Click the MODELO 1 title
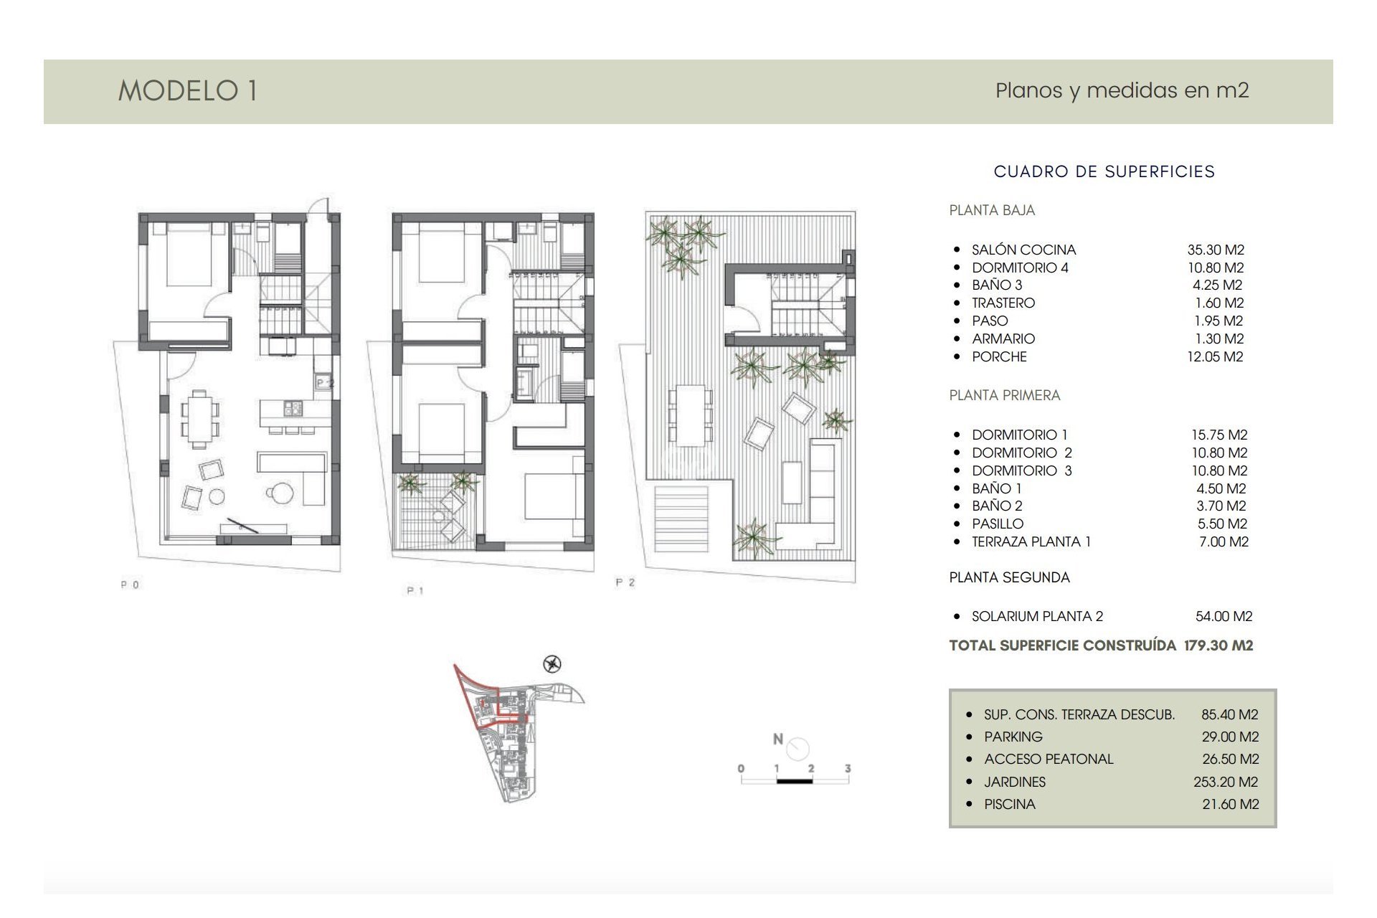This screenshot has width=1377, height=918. [188, 91]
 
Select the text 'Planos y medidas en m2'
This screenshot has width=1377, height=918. [1122, 91]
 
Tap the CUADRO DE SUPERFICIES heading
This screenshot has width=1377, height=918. [1104, 171]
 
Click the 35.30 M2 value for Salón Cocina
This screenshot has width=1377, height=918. [1216, 250]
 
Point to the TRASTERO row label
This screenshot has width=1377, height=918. [1003, 303]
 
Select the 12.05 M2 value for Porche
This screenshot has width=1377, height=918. [1215, 356]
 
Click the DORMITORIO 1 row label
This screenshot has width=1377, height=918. [1019, 435]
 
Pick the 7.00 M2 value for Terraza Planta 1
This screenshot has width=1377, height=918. [1224, 541]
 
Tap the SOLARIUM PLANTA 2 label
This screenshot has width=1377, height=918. [1037, 616]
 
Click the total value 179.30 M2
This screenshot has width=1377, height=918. [1219, 645]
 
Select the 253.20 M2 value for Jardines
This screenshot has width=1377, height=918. [1226, 782]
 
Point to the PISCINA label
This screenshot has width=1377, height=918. [1010, 804]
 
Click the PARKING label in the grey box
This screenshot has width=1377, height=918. [1013, 737]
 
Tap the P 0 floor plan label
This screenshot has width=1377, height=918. [130, 585]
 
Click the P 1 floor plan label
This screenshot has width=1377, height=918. [415, 591]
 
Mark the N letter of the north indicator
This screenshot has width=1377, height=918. [777, 739]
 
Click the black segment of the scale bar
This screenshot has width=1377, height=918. [794, 780]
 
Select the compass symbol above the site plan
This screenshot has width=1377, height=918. [552, 664]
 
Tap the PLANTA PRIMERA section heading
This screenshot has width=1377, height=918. [1004, 395]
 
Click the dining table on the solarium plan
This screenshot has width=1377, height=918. [690, 415]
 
